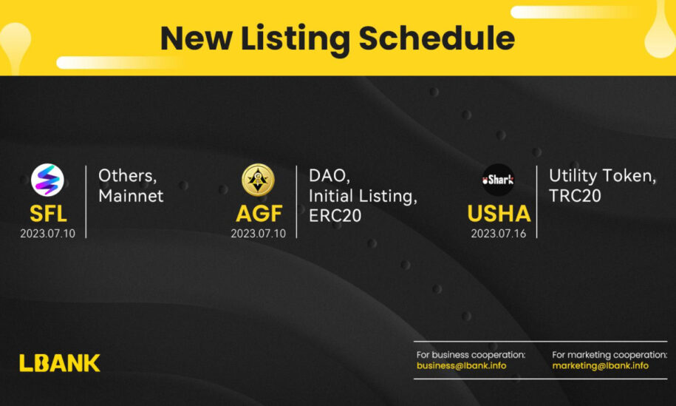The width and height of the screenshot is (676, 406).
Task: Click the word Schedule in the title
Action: pos(437,38)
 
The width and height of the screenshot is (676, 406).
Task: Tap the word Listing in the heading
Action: pos(295,40)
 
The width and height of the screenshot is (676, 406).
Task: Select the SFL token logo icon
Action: pos(47,180)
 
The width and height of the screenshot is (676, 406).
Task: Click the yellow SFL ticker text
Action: pos(48,214)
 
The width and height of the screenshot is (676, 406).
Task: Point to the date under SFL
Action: pos(47,234)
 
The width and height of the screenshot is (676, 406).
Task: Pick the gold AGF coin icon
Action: pos(258,180)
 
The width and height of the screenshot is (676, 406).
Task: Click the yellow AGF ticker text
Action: pos(259,214)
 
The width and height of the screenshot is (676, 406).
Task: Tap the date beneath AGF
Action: pos(258,234)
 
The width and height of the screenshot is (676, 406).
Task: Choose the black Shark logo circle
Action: pos(498,180)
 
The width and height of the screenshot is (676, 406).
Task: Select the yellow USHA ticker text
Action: pos(499,214)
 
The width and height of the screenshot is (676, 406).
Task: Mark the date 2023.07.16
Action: pos(498,234)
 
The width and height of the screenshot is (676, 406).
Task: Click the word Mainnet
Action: pos(131,196)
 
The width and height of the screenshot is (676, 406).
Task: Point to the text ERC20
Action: pos(335,216)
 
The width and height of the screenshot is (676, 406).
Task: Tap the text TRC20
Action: pos(575,196)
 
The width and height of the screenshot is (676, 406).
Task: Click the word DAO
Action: pos(329,176)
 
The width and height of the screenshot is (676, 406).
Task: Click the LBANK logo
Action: pos(60,363)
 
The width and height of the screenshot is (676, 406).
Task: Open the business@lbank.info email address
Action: pos(461,366)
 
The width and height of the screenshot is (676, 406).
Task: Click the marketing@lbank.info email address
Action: pos(600,366)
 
